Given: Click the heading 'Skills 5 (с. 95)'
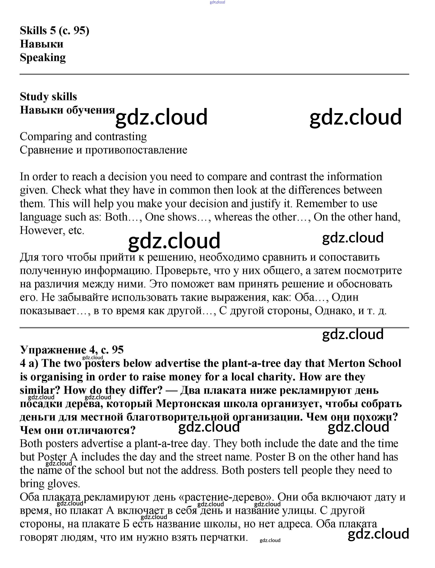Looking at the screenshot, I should coord(55,31).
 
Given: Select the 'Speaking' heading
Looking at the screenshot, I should coord(43,58).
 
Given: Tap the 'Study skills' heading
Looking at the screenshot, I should coord(48,97).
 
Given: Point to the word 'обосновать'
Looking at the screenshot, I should coord(364,284).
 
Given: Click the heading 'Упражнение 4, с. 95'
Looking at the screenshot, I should coord(72,350).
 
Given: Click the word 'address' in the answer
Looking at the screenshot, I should coord(198,470).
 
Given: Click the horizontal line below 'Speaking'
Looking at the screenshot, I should coord(214,74).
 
